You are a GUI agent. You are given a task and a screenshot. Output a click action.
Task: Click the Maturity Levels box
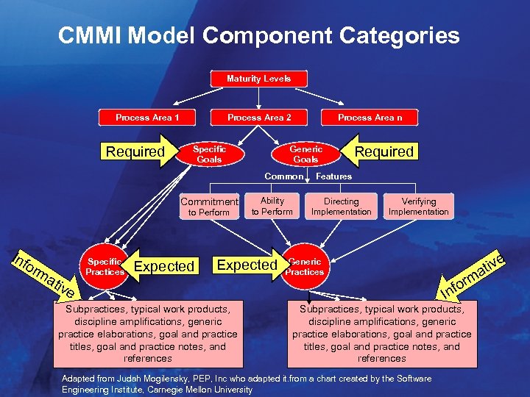(x=258, y=79)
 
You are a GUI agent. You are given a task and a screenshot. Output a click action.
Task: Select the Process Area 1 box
(x=147, y=118)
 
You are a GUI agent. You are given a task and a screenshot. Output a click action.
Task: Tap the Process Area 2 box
(x=259, y=118)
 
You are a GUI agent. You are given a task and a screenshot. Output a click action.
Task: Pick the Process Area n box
(x=370, y=118)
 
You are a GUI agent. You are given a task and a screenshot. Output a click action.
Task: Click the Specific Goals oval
(x=209, y=154)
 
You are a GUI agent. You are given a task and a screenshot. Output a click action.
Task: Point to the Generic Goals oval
(x=305, y=154)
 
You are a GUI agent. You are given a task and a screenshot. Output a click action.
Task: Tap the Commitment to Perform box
(x=209, y=207)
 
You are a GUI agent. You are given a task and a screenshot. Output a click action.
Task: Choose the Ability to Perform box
(x=272, y=206)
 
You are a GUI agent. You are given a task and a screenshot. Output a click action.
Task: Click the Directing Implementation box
(x=341, y=206)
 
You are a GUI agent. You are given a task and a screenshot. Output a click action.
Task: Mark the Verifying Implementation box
(x=418, y=206)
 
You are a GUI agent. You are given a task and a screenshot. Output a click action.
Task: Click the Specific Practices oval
(x=105, y=266)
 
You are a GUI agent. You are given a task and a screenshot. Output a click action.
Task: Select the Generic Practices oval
(x=305, y=266)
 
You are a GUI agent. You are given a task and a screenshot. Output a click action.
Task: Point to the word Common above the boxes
(x=283, y=176)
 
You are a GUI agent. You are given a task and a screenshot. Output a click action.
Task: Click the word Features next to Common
(x=333, y=176)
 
